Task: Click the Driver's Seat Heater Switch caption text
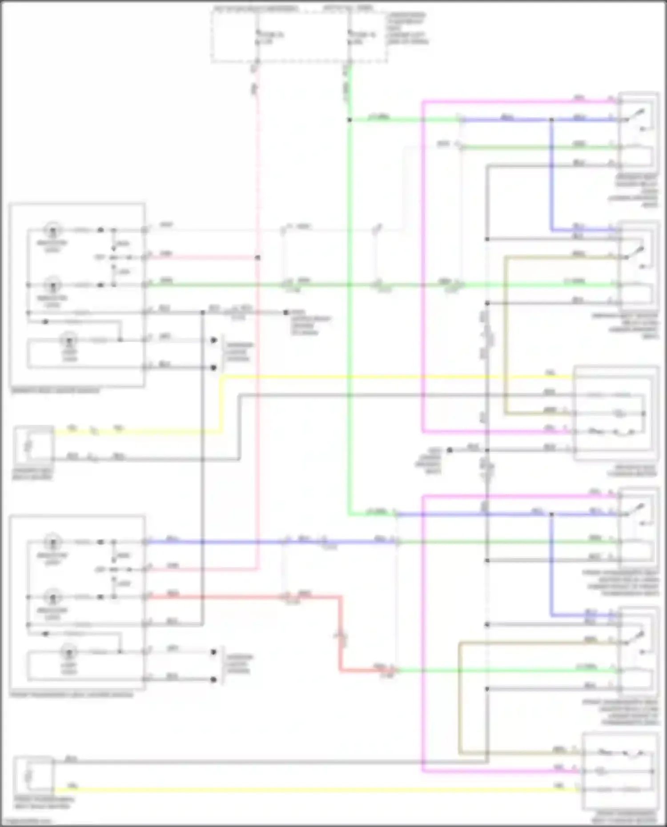(x=55, y=391)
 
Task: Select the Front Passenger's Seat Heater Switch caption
(x=71, y=695)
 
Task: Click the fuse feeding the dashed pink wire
(x=257, y=38)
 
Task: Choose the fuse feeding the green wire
(x=350, y=38)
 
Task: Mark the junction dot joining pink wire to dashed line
(x=257, y=257)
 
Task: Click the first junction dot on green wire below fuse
(x=350, y=120)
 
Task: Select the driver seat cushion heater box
(x=615, y=413)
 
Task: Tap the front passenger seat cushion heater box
(x=620, y=771)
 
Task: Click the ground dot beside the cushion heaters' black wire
(x=450, y=450)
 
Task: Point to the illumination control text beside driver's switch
(x=239, y=352)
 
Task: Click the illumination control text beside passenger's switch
(x=239, y=663)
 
